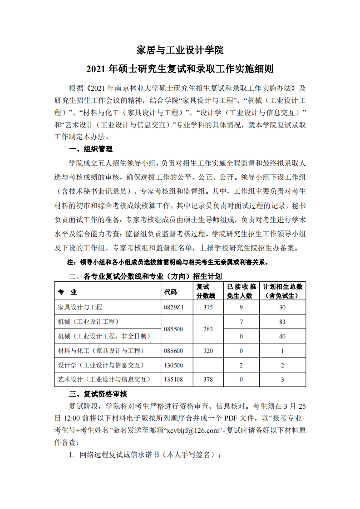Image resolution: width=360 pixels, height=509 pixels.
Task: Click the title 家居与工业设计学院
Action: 180,49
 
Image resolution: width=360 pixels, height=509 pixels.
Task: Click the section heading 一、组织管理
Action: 90,149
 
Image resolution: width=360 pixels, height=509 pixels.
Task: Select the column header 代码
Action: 170,292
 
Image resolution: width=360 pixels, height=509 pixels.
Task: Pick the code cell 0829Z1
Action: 173,307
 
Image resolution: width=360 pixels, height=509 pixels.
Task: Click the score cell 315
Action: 208,307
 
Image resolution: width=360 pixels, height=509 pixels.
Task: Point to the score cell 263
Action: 208,329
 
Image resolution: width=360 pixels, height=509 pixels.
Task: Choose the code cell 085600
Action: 173,351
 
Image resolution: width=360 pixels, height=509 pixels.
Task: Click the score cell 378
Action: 208,379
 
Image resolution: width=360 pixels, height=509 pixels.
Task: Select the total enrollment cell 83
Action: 282,322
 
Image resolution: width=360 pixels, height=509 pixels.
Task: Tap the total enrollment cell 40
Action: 282,336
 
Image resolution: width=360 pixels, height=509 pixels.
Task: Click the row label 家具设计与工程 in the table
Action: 80,307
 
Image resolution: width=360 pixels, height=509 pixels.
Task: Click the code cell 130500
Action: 173,365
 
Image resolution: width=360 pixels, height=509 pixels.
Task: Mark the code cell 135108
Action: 173,379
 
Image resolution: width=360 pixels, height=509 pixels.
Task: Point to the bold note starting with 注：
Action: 168,262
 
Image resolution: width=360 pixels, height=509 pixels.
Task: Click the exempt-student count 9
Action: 241,307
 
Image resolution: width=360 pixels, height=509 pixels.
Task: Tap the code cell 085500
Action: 173,329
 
